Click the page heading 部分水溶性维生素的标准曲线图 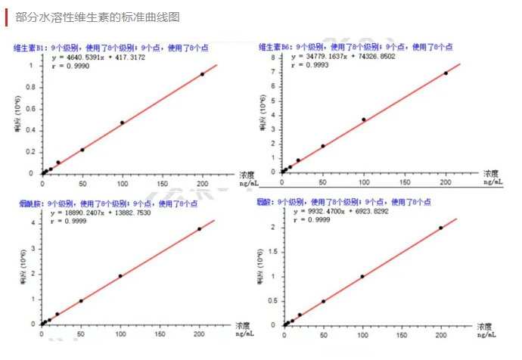[98, 17]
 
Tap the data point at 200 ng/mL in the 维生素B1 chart [202, 74]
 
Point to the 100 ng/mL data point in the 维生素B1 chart [122, 123]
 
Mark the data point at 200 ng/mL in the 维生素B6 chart [446, 73]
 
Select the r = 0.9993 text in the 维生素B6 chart [313, 66]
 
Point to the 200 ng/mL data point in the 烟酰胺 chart [200, 228]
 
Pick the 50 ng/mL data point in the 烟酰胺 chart [81, 301]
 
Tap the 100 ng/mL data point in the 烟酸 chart [362, 276]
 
